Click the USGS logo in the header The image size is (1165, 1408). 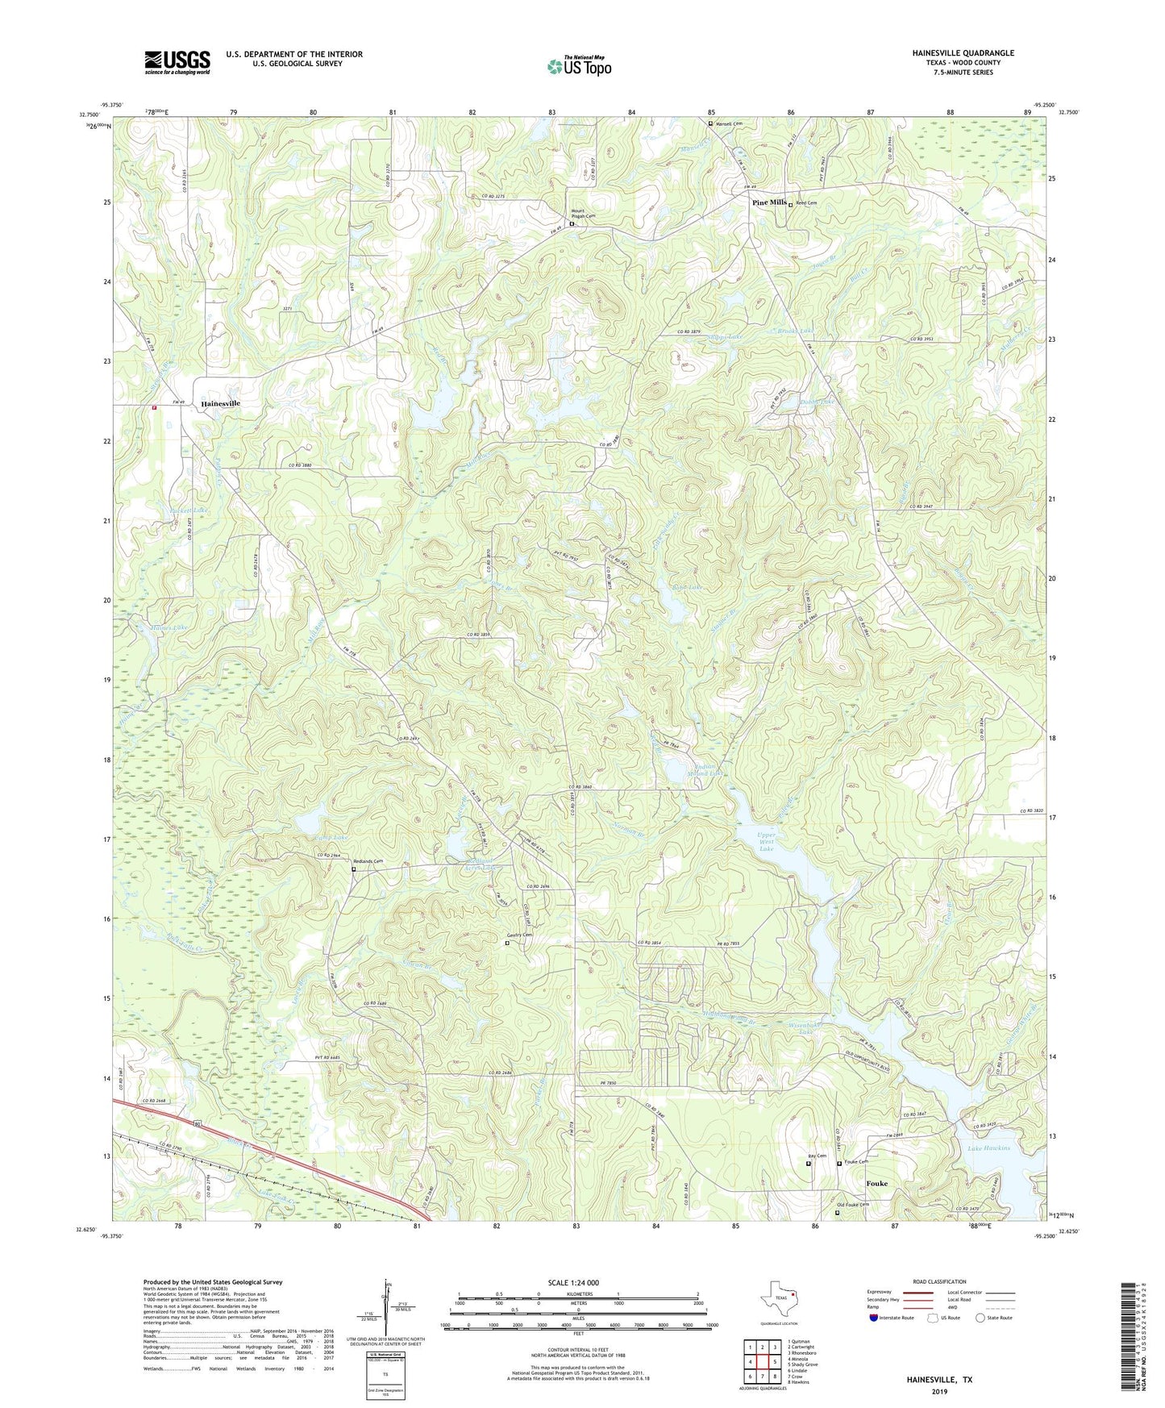pyautogui.click(x=177, y=62)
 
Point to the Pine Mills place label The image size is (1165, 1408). pyautogui.click(x=768, y=202)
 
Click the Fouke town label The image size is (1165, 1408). pyautogui.click(x=876, y=1184)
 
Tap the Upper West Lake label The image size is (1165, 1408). pyautogui.click(x=766, y=842)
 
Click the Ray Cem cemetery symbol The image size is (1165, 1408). pyautogui.click(x=809, y=1163)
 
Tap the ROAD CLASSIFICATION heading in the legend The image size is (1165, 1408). pyautogui.click(x=939, y=1281)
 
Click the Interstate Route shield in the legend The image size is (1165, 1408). pyautogui.click(x=876, y=1318)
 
